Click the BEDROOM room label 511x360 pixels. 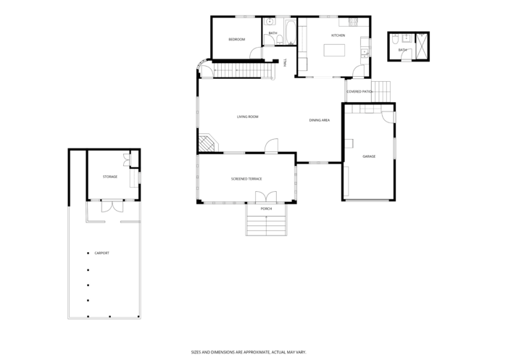tap(236, 39)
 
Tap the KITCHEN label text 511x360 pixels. tap(338, 35)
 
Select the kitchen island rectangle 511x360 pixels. tap(334, 51)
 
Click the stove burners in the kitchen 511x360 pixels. tap(353, 22)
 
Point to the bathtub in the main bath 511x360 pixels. tap(291, 32)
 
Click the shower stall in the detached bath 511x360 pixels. tap(421, 46)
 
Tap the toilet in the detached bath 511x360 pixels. tap(394, 39)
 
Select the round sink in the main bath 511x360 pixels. tap(270, 22)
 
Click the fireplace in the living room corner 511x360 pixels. tap(207, 143)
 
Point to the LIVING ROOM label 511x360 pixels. tap(247, 117)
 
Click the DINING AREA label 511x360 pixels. tap(320, 120)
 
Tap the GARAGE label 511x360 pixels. tap(369, 156)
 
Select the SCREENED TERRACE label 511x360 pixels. tap(246, 179)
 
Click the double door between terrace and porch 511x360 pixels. tap(266, 198)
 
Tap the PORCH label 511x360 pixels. tap(266, 209)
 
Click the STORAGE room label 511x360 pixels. tap(110, 177)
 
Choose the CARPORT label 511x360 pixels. tap(101, 253)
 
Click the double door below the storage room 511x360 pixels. tap(112, 206)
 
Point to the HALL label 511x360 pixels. tap(285, 62)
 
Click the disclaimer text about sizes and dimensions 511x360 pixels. tap(249, 352)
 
